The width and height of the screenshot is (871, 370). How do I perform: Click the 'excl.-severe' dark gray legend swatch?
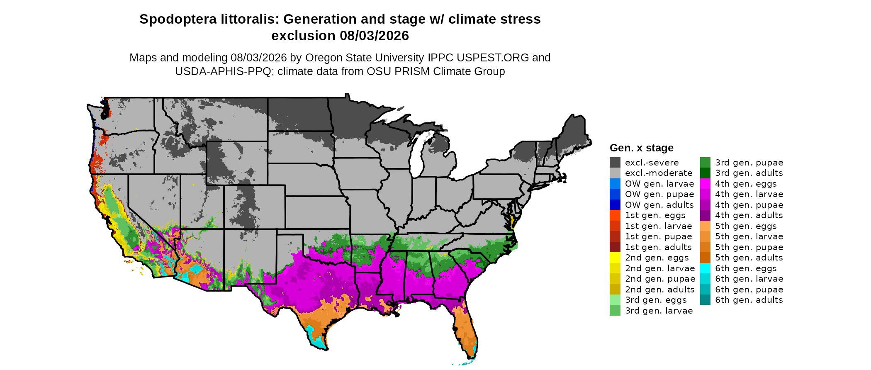click(615, 162)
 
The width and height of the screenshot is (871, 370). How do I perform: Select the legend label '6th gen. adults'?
click(749, 300)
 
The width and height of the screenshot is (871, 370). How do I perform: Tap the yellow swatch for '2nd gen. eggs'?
click(615, 258)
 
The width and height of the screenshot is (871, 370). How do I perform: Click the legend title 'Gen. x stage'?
click(642, 148)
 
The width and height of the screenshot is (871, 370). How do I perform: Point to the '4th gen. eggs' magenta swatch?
click(706, 183)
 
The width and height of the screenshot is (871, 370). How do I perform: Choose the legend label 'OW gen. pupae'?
click(659, 194)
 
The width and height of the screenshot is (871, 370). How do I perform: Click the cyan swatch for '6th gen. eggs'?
click(706, 268)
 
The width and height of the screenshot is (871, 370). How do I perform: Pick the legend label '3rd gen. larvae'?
click(659, 311)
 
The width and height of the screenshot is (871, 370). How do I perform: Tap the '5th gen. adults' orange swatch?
click(706, 258)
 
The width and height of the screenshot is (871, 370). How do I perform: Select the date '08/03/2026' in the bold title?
click(375, 36)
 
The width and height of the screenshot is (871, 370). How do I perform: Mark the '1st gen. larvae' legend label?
click(659, 226)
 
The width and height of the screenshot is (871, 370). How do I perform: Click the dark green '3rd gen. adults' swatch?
click(706, 173)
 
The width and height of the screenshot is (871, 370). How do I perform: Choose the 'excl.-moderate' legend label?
click(659, 173)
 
